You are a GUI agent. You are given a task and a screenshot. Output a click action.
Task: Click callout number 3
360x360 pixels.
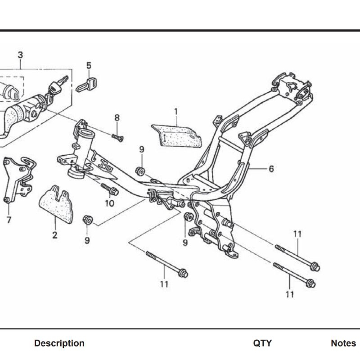(20, 55)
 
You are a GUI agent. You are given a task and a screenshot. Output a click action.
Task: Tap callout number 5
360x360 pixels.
(89, 65)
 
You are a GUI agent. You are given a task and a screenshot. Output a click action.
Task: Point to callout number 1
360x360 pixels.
(176, 111)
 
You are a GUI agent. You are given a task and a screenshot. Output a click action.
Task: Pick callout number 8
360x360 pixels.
(117, 118)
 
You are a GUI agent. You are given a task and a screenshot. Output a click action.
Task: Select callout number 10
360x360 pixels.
(110, 203)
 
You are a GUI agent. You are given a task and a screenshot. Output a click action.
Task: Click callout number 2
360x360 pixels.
(54, 235)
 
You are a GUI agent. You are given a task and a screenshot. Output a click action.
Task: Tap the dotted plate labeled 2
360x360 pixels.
(57, 205)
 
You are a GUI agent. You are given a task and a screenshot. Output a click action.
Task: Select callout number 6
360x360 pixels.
(271, 169)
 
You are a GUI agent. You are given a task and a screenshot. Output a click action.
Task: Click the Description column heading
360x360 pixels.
(59, 343)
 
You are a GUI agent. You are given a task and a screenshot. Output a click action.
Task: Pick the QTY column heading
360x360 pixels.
(262, 343)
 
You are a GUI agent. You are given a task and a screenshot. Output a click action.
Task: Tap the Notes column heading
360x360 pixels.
(343, 343)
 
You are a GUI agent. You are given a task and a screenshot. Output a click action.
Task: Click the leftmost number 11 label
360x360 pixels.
(164, 284)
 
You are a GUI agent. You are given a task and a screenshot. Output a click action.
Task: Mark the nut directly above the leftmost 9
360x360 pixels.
(87, 220)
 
